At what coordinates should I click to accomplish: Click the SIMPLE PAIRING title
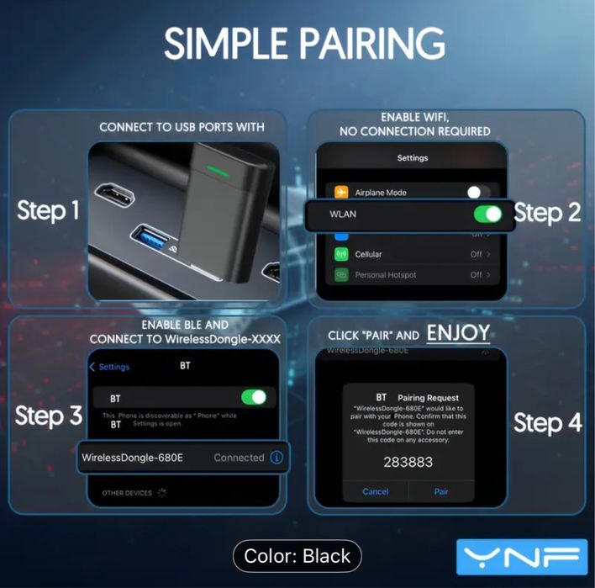click(x=304, y=45)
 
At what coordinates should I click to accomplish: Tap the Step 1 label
click(x=49, y=211)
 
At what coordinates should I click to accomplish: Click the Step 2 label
click(x=547, y=212)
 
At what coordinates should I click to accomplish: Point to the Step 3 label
click(x=49, y=416)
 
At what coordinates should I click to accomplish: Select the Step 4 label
click(x=547, y=422)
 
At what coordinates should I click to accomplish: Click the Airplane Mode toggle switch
click(x=479, y=193)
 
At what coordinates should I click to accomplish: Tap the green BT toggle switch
click(x=253, y=397)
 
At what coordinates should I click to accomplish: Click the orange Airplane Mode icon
click(x=341, y=193)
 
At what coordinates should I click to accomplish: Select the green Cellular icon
click(x=341, y=254)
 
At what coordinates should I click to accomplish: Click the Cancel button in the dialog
click(x=375, y=491)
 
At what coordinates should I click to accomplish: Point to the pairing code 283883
click(x=408, y=462)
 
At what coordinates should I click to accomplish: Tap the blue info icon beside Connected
click(x=276, y=458)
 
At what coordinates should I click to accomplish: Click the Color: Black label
click(x=297, y=556)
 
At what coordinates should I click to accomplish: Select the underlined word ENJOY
click(x=458, y=333)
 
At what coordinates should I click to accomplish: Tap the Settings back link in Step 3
click(x=110, y=367)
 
